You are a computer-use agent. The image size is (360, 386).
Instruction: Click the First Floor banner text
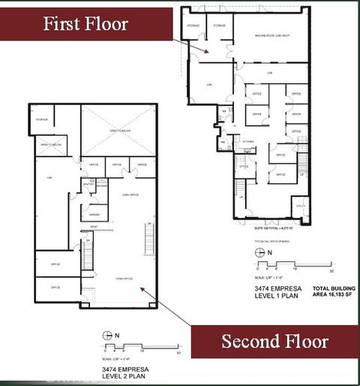tap(85, 23)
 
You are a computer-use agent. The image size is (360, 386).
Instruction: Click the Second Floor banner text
tap(274, 342)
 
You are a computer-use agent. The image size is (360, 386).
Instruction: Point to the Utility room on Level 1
tap(299, 206)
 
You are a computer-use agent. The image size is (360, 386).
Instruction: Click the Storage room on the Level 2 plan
tap(41, 119)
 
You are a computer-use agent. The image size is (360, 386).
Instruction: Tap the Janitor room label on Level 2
tap(88, 185)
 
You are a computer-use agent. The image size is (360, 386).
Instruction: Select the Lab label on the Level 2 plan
tap(49, 177)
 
